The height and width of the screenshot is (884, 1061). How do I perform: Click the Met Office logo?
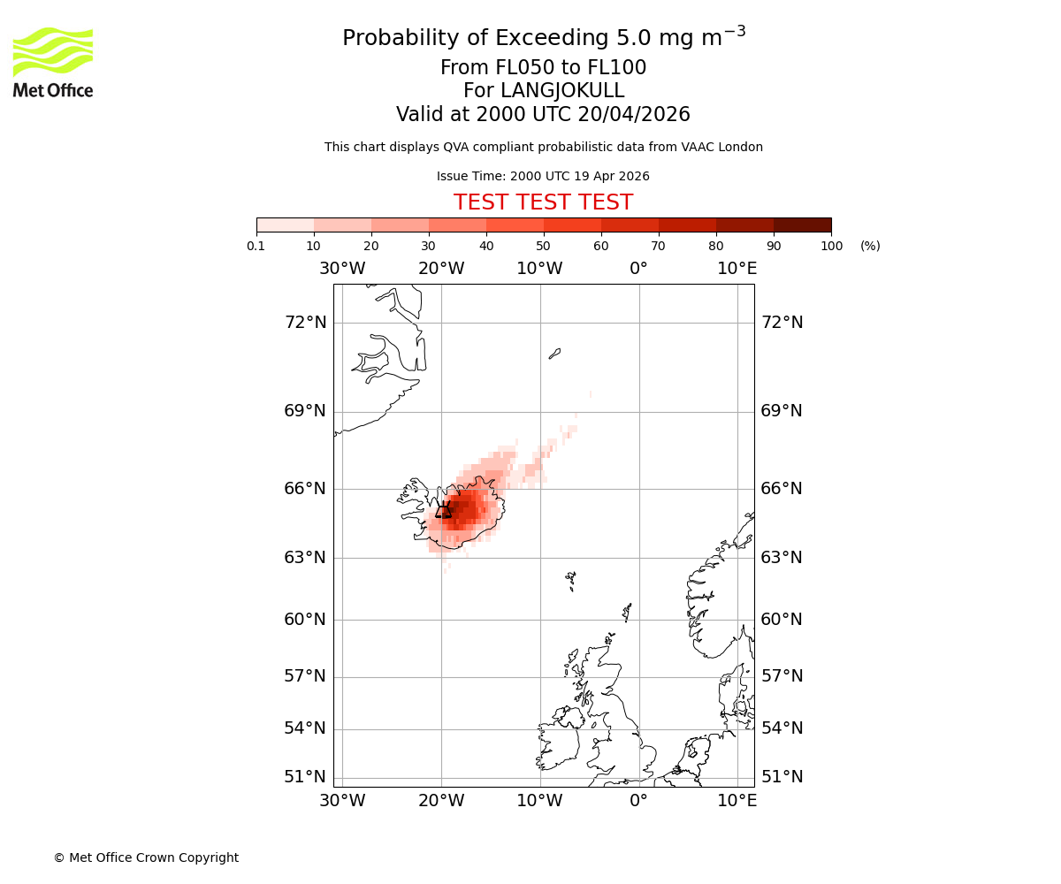click(53, 62)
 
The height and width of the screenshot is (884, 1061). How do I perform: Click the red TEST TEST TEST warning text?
click(543, 202)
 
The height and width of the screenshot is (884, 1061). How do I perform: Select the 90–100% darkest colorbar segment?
click(802, 225)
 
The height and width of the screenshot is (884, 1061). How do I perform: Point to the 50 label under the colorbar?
click(544, 246)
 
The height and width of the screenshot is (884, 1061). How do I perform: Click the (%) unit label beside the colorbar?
click(870, 246)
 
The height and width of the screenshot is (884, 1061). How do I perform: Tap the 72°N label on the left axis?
click(305, 322)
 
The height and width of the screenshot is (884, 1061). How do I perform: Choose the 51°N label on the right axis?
click(782, 776)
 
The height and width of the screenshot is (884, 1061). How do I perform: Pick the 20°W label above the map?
click(441, 269)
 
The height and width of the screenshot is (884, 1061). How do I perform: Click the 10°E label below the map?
click(737, 800)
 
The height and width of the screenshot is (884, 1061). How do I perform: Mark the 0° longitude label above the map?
click(638, 269)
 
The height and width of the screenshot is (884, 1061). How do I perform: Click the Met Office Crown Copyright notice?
click(146, 857)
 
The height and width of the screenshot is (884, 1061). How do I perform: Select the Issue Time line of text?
click(543, 176)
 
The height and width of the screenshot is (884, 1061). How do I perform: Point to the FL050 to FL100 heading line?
click(543, 68)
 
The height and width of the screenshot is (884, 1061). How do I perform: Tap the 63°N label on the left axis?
click(305, 557)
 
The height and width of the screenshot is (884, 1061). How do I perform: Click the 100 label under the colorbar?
click(831, 246)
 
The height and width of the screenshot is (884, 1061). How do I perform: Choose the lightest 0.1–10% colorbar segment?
click(286, 225)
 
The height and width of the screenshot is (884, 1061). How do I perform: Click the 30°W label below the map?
click(342, 800)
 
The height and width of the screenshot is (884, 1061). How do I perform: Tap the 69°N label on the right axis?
click(782, 410)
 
